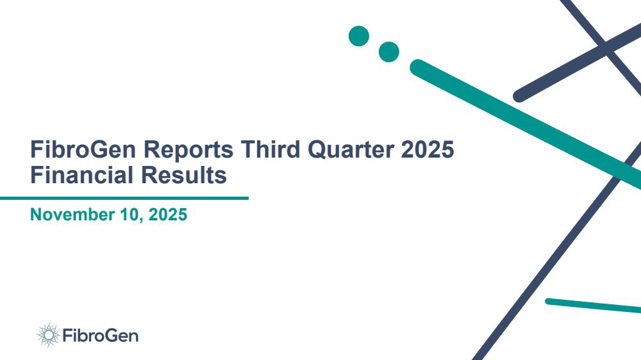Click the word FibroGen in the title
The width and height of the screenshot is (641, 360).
click(x=83, y=149)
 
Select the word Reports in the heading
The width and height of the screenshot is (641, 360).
click(x=188, y=150)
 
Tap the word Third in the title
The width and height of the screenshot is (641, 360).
click(x=271, y=149)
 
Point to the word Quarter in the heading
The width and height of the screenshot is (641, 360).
click(x=351, y=150)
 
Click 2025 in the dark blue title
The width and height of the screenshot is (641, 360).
click(x=428, y=149)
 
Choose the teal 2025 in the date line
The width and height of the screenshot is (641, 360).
click(x=168, y=215)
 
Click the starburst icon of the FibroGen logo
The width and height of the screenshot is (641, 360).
click(x=48, y=335)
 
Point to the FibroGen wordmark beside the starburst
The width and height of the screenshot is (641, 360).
click(x=101, y=336)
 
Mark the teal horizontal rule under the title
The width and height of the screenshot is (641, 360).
click(x=124, y=198)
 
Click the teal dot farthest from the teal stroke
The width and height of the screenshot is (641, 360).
click(x=359, y=36)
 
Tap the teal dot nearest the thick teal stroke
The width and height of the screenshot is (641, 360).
click(x=389, y=52)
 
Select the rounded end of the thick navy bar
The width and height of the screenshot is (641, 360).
click(x=519, y=96)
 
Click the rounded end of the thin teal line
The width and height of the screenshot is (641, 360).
click(x=548, y=301)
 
